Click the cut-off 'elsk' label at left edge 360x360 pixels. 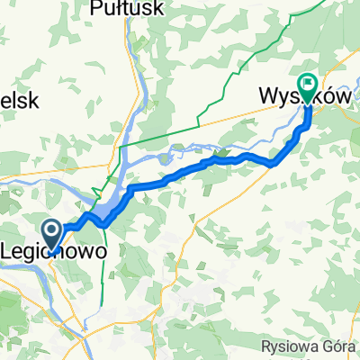tap(18, 101)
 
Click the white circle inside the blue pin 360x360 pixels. tap(53, 230)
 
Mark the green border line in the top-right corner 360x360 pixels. tap(297, 27)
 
